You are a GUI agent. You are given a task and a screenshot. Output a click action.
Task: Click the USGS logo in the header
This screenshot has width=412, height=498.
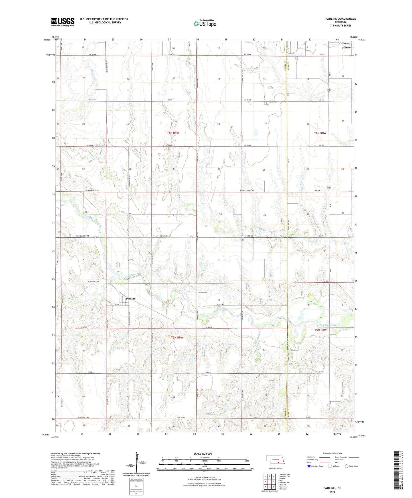point(63,22)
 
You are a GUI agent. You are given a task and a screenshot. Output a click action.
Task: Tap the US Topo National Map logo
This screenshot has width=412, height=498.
point(205,23)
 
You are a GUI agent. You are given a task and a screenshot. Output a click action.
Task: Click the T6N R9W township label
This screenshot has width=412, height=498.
point(173,133)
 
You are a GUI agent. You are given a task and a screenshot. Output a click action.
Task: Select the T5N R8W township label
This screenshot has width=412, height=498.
point(320,330)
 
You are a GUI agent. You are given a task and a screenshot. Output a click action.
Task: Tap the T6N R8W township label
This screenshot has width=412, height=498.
point(320,133)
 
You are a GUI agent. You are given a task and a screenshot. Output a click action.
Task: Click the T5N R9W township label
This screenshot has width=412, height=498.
point(177,337)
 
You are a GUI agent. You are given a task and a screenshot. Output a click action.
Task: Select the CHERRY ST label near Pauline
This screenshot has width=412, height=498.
point(116,304)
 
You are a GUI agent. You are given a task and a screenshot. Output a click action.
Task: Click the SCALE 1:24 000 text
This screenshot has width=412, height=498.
point(203,454)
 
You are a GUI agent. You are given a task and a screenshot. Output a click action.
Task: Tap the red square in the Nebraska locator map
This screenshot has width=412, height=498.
point(278,463)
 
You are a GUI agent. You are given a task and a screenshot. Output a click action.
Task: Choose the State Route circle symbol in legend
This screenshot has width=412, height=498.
point(347,466)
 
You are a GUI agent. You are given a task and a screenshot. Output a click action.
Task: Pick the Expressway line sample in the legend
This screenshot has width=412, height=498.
point(324,457)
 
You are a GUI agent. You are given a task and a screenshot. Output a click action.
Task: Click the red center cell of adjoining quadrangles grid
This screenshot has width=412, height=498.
point(269,481)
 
